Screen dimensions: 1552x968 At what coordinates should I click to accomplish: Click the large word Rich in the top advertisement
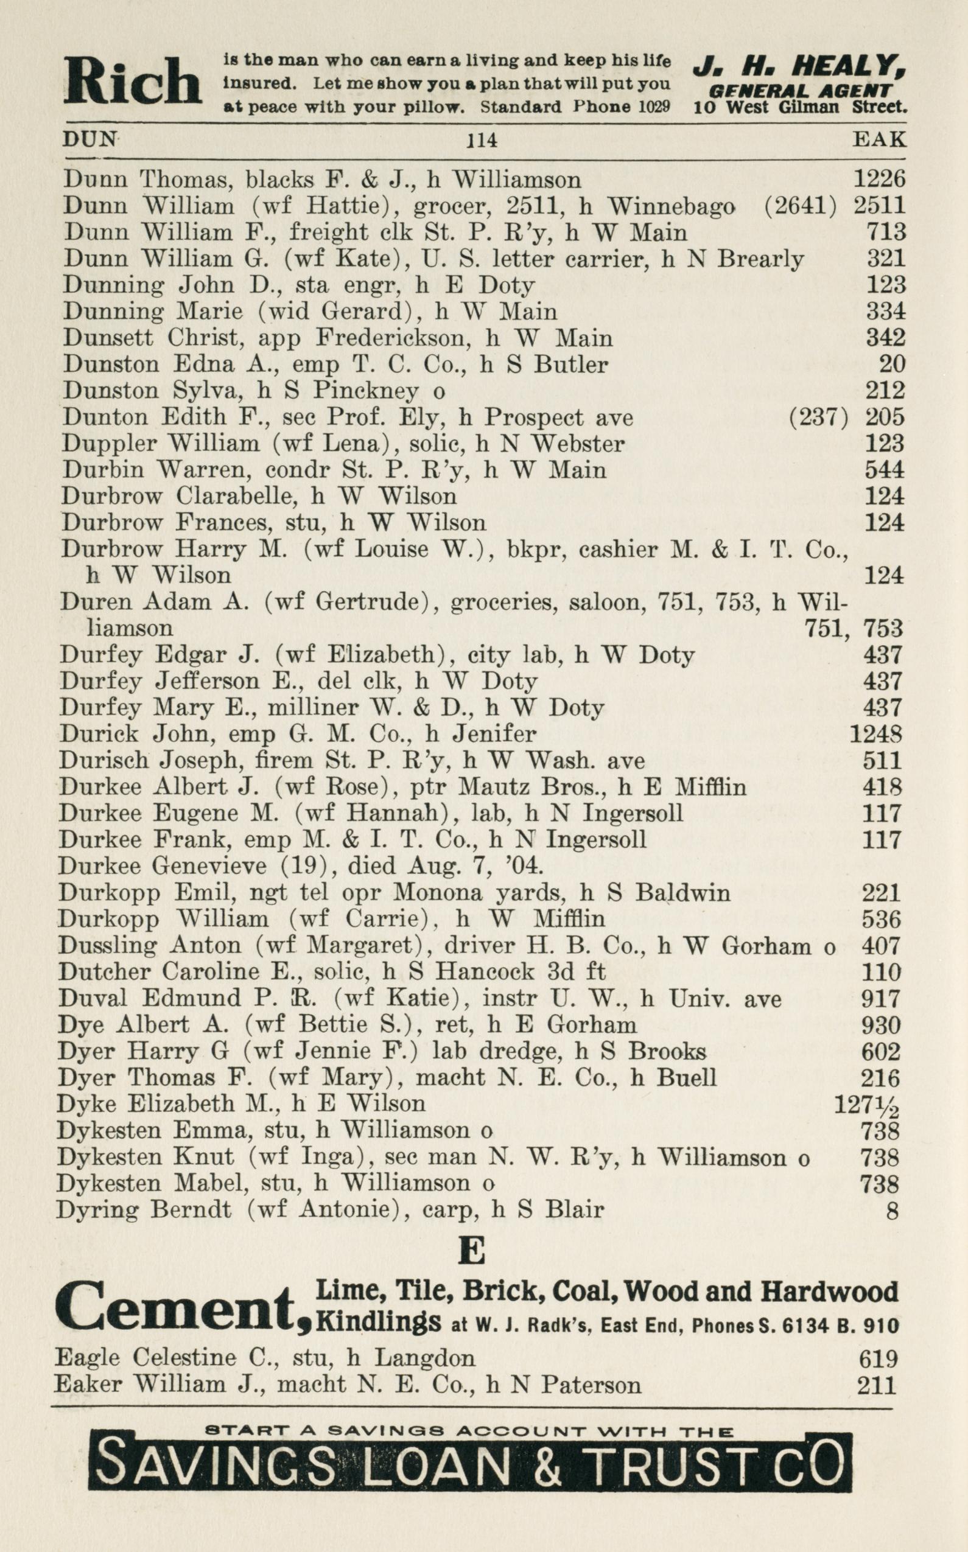tap(133, 82)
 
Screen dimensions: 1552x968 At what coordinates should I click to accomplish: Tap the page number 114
tap(482, 140)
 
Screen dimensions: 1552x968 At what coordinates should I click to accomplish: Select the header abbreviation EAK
tap(879, 139)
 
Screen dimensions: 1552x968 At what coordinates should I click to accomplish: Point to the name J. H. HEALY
tap(799, 66)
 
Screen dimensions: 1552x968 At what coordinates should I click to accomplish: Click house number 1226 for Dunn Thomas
tap(879, 180)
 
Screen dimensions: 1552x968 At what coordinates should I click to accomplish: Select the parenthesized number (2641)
tap(800, 206)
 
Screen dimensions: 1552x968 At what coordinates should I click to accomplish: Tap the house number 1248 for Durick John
tap(876, 734)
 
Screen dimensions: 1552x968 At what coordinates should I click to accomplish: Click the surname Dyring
tap(96, 1210)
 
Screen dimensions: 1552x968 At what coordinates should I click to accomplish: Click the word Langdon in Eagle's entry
tap(424, 1358)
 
